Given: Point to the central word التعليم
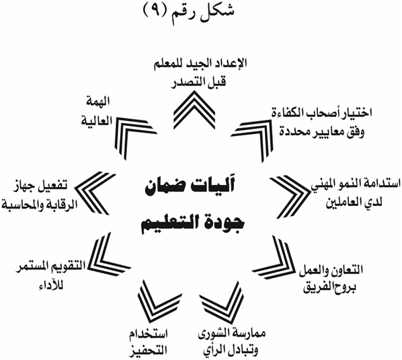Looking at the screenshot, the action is [x=169, y=223].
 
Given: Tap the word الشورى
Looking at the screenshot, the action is [x=225, y=334].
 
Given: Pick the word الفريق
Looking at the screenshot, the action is [x=320, y=288].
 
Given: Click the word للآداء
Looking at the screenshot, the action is [x=50, y=285].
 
